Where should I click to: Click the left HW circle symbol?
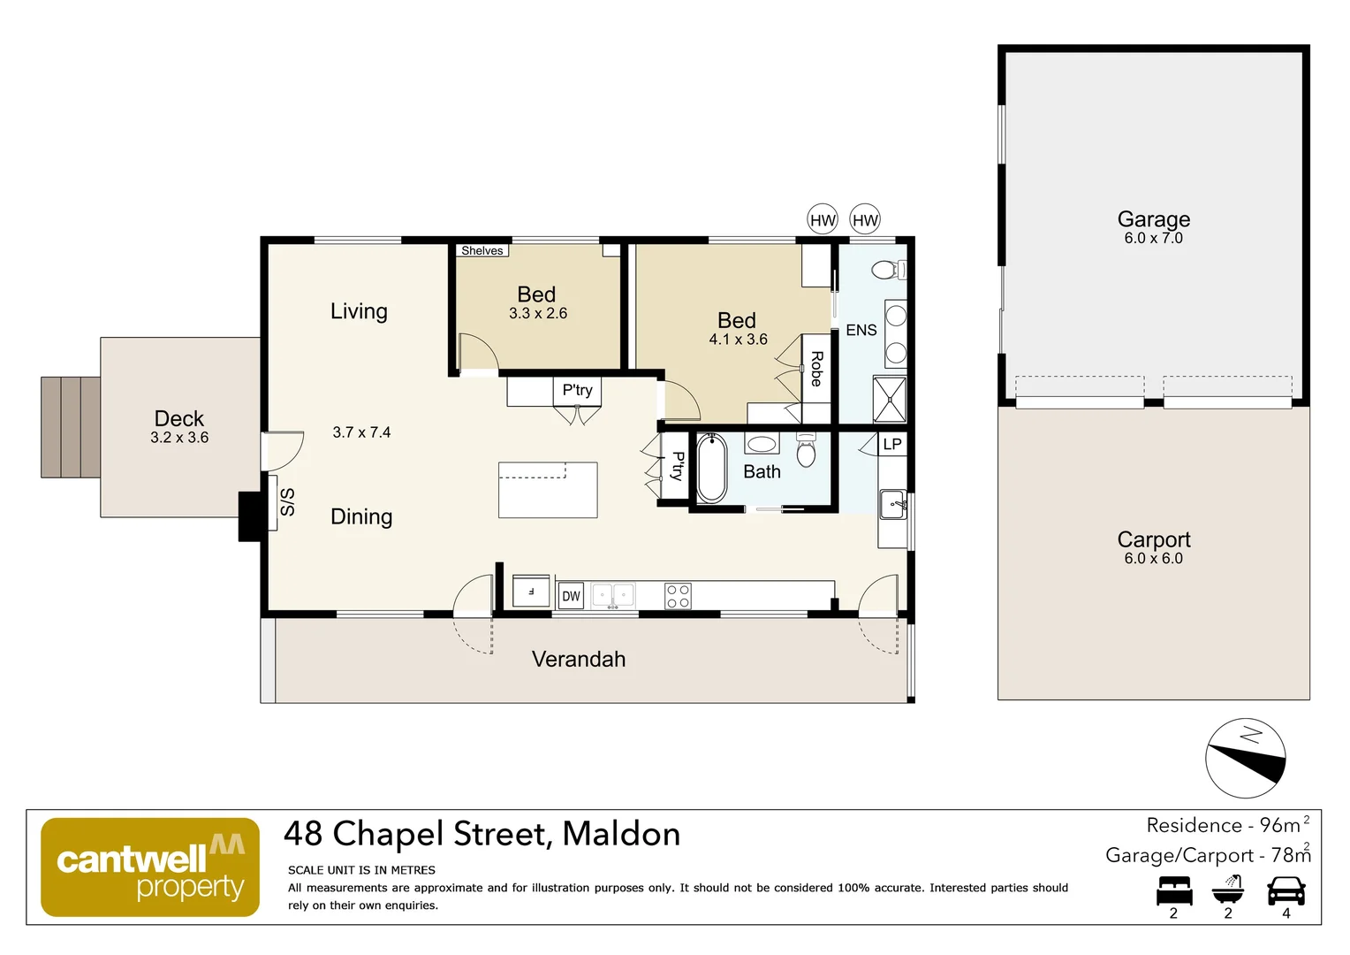[x=823, y=220]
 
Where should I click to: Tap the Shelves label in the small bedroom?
[x=482, y=251]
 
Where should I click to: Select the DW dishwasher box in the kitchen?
[x=571, y=596]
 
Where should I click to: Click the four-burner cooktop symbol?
[x=678, y=596]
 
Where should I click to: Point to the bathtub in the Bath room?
[x=711, y=469]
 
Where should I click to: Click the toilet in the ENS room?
[x=888, y=270]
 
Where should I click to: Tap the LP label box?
[x=892, y=444]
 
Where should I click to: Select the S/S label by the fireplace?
[x=287, y=501]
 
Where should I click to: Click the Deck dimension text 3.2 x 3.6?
[x=179, y=438]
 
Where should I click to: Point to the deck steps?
[x=71, y=427]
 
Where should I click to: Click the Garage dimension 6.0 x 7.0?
[x=1153, y=239]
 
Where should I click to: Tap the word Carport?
[x=1153, y=539]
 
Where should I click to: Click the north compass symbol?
[x=1246, y=759]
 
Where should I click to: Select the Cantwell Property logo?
[x=150, y=867]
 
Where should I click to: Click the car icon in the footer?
[x=1286, y=890]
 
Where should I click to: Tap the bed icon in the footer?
[x=1174, y=890]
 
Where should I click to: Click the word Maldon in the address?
[x=621, y=834]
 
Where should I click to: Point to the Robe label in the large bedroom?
[x=816, y=369]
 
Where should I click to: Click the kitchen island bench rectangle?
[x=548, y=490]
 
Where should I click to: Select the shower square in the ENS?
[x=890, y=400]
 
